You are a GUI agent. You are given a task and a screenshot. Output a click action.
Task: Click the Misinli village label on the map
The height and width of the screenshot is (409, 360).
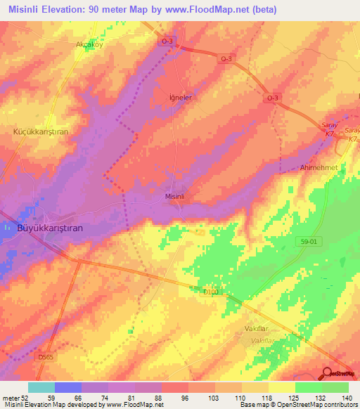click(x=174, y=197)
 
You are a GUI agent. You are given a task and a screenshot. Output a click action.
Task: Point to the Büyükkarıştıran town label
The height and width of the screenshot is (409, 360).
click(x=50, y=228)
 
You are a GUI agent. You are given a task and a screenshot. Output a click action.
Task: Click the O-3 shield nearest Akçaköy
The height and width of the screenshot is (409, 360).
click(x=167, y=41)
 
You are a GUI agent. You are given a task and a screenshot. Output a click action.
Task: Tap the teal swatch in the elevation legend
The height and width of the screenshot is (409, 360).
click(x=41, y=387)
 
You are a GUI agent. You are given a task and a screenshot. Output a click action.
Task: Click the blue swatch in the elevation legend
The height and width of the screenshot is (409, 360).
click(x=68, y=387)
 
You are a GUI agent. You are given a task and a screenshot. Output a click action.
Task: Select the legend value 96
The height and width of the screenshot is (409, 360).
click(x=184, y=398)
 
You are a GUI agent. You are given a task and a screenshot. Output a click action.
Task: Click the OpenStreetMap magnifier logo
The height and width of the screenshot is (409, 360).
click(x=328, y=372)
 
